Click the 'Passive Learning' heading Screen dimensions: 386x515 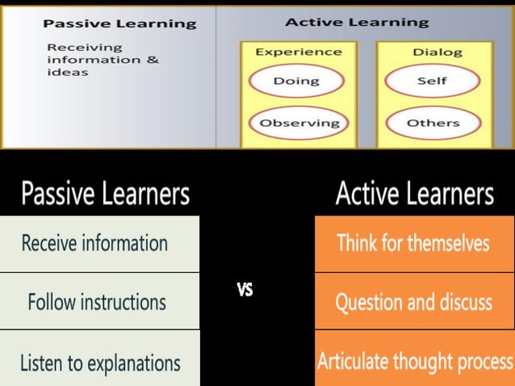click(119, 23)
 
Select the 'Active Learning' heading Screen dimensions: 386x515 click(357, 22)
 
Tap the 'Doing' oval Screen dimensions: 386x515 click(296, 81)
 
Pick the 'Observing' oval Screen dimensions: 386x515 click(299, 124)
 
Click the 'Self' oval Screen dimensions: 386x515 click(433, 81)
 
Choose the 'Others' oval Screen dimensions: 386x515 click(433, 124)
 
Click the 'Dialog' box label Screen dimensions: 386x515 click(438, 52)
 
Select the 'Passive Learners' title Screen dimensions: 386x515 click(105, 194)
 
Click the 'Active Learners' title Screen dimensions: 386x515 click(414, 194)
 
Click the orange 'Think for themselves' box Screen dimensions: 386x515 click(413, 243)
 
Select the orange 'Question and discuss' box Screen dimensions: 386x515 click(413, 302)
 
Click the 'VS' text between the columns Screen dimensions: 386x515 click(245, 290)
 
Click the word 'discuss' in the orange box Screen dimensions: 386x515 click(460, 302)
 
